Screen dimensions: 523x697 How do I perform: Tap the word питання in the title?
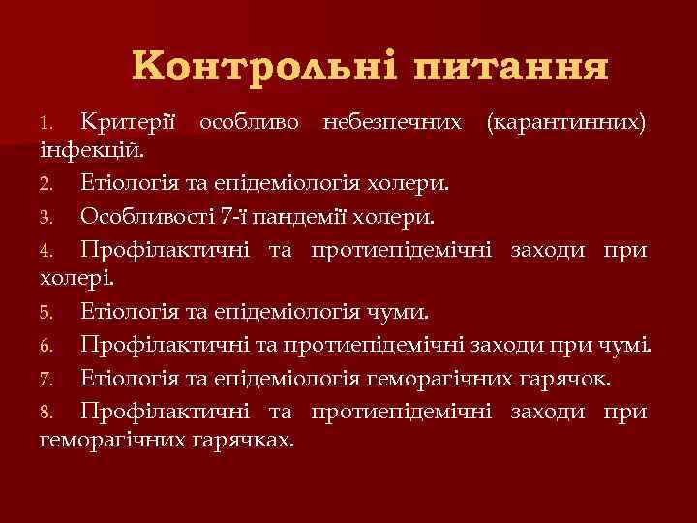point(511,67)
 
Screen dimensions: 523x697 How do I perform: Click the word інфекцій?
point(92,151)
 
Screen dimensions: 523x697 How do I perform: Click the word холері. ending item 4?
point(76,280)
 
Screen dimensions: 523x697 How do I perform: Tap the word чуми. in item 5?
point(407,313)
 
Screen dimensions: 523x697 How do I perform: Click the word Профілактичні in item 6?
point(165,345)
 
